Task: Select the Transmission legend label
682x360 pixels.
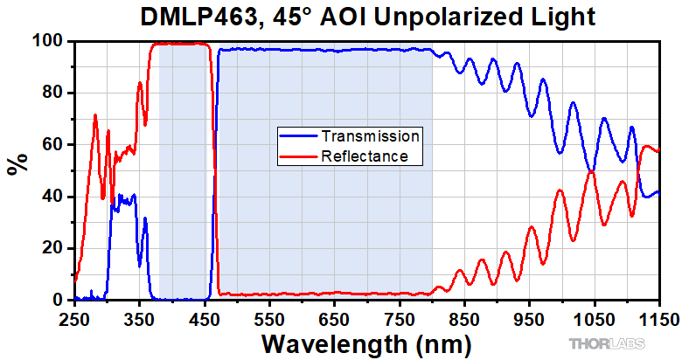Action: (x=371, y=136)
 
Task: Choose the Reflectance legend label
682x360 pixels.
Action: (x=365, y=156)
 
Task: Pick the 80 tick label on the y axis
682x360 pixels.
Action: (x=52, y=93)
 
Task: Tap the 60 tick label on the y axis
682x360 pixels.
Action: (x=52, y=144)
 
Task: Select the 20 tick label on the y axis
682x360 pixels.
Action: (x=52, y=248)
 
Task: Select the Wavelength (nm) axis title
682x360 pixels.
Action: (x=367, y=341)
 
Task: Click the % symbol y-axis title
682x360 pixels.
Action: (x=16, y=164)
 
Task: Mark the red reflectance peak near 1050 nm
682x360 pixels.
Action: (x=592, y=171)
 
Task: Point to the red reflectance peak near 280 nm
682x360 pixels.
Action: (x=95, y=115)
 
